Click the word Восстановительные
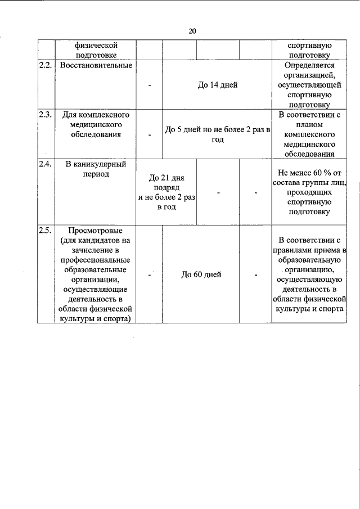pyautogui.click(x=96, y=66)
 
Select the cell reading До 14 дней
pyautogui.click(x=217, y=85)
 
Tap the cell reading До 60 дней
pyautogui.click(x=201, y=274)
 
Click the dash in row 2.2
pyautogui.click(x=150, y=85)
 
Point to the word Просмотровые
pyautogui.click(x=95, y=230)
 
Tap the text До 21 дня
pyautogui.click(x=167, y=178)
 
